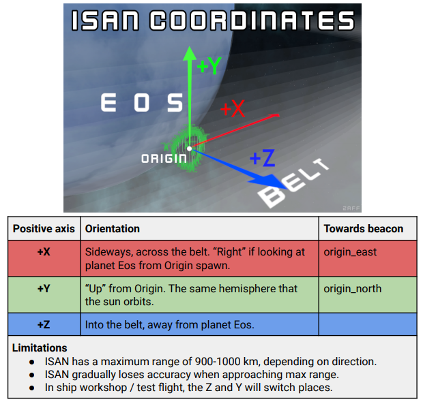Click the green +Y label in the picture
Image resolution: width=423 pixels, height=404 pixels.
[209, 65]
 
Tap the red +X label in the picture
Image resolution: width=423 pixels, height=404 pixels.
[233, 108]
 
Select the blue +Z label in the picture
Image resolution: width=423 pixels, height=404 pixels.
[263, 158]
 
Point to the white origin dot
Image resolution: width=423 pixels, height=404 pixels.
[190, 149]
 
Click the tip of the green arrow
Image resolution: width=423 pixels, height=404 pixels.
[190, 47]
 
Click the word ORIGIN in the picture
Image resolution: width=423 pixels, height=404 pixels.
[164, 159]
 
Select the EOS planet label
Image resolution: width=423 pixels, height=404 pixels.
[142, 103]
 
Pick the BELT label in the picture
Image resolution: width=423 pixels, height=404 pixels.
[293, 184]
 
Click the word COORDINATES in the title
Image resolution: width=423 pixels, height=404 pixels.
[252, 20]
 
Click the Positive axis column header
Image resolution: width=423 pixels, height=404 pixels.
[44, 229]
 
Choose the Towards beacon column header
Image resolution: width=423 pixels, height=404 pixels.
[364, 229]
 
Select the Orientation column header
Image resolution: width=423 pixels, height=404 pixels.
[113, 229]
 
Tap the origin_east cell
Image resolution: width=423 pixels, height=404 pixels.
[350, 252]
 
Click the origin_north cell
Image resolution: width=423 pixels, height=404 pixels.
[353, 289]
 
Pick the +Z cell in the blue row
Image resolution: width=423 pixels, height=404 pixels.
[44, 324]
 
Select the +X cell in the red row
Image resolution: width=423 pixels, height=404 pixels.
[44, 252]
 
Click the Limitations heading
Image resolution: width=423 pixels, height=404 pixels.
[40, 347]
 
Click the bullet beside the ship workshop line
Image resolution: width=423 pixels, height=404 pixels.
[32, 388]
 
